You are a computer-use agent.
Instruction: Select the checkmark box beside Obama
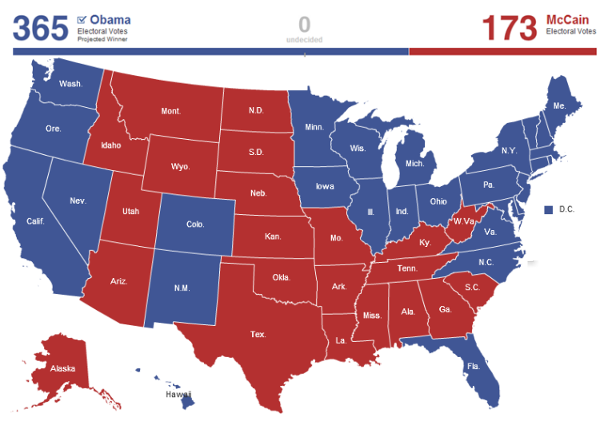82,19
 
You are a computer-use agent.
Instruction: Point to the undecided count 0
304,24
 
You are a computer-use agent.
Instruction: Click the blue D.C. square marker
549,209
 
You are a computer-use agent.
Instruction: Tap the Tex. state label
258,334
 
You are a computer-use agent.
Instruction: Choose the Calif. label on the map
35,221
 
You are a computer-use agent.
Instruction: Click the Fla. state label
474,367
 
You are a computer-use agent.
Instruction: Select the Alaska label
63,369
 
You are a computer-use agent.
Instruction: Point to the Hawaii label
178,394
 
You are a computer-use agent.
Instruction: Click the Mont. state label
170,111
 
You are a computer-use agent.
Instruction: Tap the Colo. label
195,224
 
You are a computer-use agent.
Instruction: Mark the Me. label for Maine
559,105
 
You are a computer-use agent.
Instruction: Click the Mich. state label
415,163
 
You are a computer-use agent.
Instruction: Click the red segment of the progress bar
502,52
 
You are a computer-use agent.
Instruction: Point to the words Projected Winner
102,38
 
